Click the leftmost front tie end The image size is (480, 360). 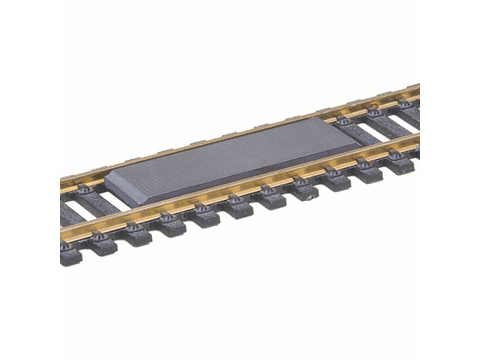tap(71, 256)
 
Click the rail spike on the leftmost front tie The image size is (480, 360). tap(67, 242)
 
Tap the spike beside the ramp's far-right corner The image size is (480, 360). tap(343, 119)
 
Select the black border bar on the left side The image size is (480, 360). tap(30, 180)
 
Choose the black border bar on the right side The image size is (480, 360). tap(450, 180)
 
